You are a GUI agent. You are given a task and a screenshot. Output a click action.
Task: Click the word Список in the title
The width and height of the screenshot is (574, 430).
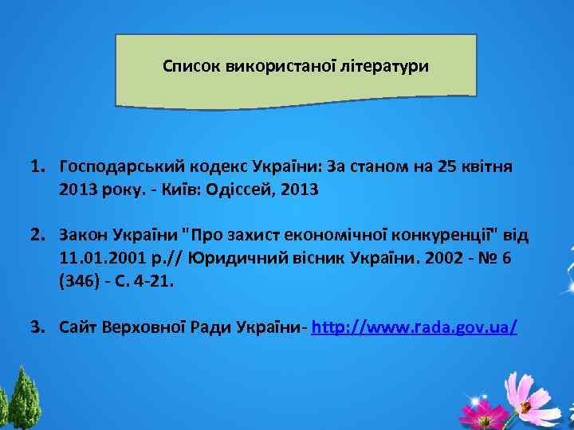coord(187,66)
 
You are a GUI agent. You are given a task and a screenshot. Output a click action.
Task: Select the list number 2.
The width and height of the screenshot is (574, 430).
coord(37,236)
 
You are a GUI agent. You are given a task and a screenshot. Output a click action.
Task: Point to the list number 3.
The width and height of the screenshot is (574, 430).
coord(37,327)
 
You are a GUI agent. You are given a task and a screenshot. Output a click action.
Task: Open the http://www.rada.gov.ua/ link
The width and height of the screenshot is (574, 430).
coord(415,327)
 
